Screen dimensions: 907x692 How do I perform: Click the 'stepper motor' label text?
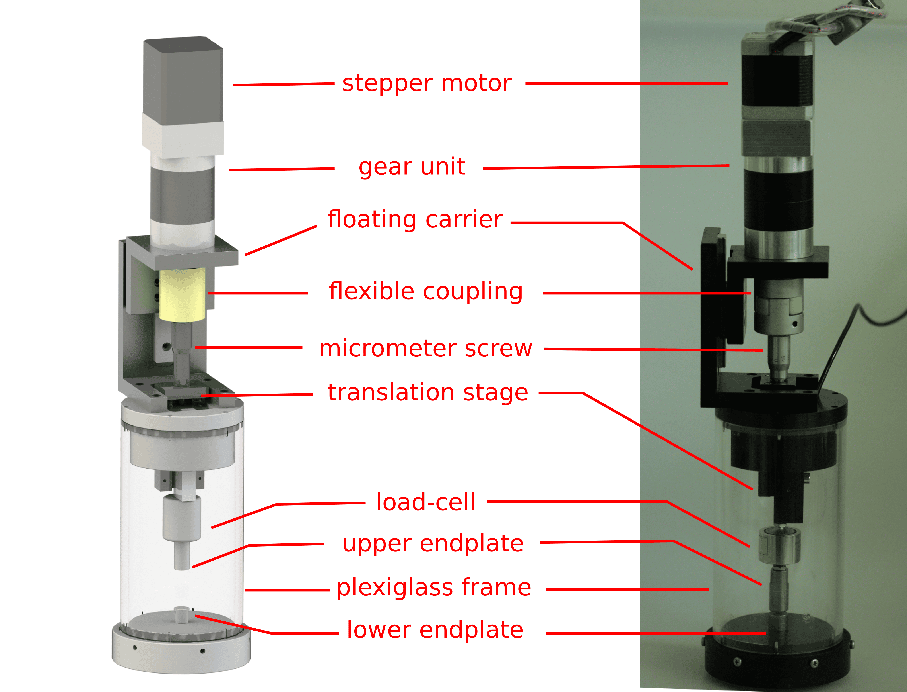[x=427, y=84]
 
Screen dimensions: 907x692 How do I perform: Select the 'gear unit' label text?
[x=412, y=167]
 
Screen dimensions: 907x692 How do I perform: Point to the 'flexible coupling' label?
[x=426, y=292]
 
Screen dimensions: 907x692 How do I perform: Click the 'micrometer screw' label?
[x=425, y=349]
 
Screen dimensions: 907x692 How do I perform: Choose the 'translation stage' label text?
[x=428, y=392]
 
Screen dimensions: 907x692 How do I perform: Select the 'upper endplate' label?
[x=433, y=544]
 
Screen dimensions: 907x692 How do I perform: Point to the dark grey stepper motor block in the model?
[x=183, y=75]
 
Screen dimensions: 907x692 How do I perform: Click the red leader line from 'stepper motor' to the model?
[x=284, y=84]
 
